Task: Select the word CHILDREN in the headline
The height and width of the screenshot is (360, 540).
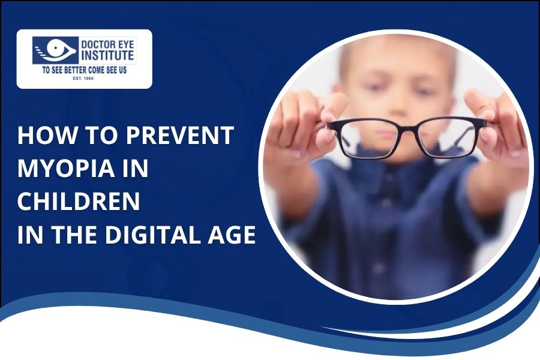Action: (x=78, y=202)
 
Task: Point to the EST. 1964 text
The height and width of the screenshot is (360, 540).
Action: (x=84, y=78)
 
